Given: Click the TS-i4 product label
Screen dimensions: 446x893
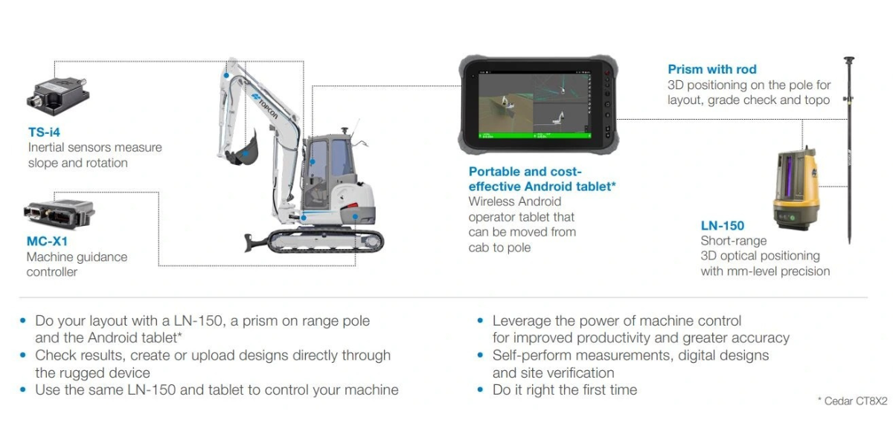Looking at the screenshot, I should point(45,132).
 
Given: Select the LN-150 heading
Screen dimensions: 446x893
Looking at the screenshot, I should point(722,225).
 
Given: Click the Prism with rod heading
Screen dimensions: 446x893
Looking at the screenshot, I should point(711,69).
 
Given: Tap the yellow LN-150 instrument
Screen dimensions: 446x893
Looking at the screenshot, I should point(796,190).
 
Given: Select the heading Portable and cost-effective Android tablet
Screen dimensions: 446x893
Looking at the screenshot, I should point(542,179).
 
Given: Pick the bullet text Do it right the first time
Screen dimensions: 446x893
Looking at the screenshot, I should point(564,390).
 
